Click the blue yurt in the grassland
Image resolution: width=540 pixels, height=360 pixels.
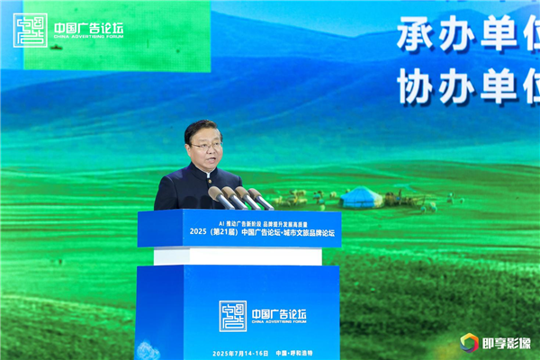coord(362,197)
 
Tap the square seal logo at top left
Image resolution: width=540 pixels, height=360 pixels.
coord(30,30)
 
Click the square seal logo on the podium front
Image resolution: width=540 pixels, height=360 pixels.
coord(233,316)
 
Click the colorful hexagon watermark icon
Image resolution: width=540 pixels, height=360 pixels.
coord(468,343)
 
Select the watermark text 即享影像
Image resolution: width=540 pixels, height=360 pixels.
coord(505,343)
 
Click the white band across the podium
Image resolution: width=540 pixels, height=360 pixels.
coord(238,256)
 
